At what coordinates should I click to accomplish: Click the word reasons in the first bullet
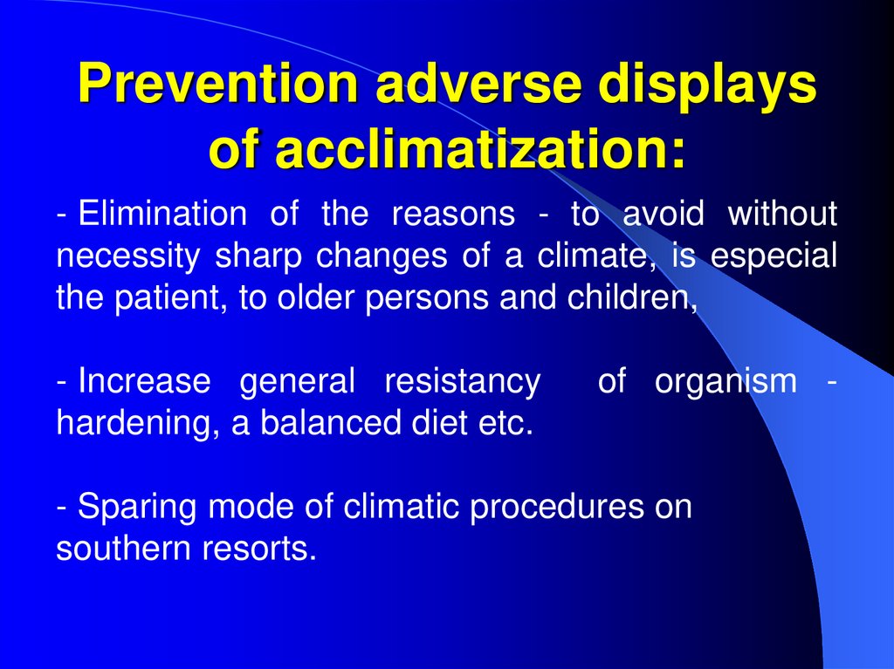click(x=453, y=215)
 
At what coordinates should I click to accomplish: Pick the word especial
click(x=774, y=256)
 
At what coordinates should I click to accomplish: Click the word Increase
click(x=144, y=382)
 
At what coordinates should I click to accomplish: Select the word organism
click(x=726, y=382)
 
